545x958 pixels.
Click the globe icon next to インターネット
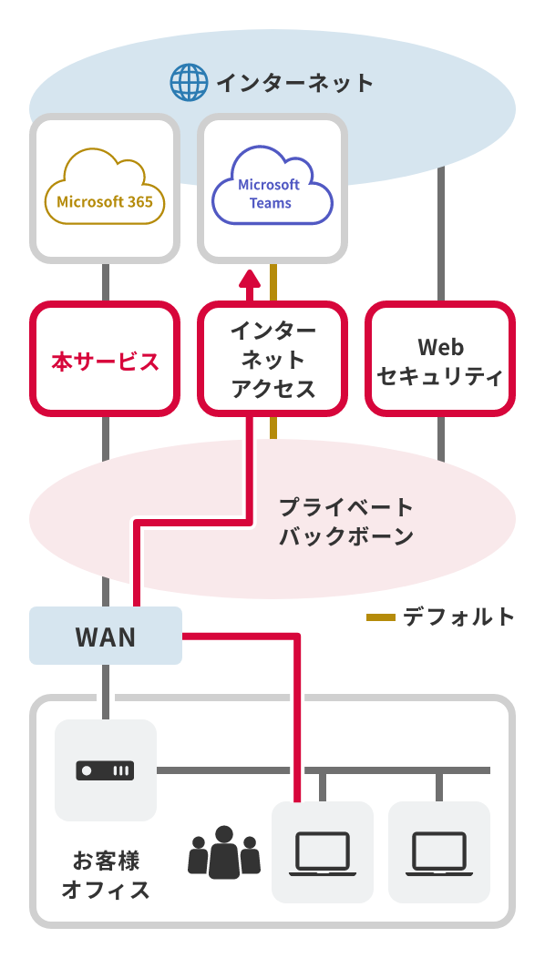(189, 83)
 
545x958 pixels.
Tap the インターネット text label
(294, 83)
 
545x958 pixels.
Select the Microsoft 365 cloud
(105, 188)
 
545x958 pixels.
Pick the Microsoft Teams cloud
(272, 188)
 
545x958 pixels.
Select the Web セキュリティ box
(441, 360)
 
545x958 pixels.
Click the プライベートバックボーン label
(345, 522)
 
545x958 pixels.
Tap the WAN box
(106, 636)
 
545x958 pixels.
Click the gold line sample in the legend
(380, 617)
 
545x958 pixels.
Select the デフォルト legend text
(459, 617)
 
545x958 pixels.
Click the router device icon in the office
(105, 770)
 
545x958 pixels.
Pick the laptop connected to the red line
(323, 852)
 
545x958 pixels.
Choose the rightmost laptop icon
(439, 852)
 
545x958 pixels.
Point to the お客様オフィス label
(106, 874)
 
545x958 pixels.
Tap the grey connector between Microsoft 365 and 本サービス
(106, 282)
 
